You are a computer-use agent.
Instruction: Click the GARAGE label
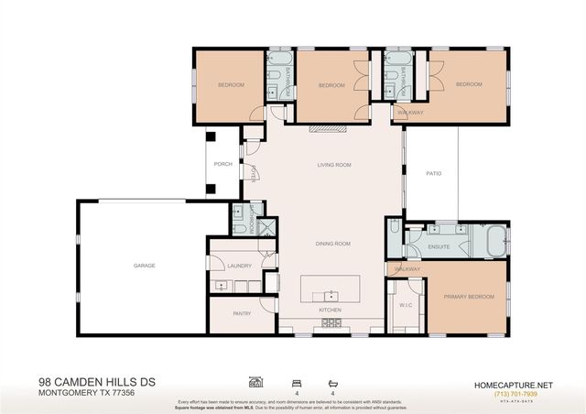(144, 266)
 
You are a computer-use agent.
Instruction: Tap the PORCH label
(222, 165)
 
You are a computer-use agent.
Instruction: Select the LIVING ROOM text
(334, 166)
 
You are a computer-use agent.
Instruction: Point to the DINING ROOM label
(333, 244)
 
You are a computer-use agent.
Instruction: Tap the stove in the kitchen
(331, 323)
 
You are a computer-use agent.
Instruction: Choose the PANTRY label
(242, 313)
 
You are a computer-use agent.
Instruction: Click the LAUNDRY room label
(239, 265)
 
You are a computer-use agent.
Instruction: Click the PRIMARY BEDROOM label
(469, 297)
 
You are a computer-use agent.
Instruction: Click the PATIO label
(435, 173)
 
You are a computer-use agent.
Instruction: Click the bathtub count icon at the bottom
(331, 382)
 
